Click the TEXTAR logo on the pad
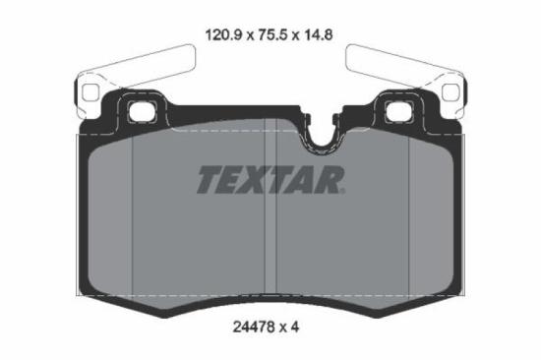[270, 180]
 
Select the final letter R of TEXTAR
[331, 180]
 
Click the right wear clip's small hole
[451, 95]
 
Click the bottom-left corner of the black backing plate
[82, 299]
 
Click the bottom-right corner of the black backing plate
[459, 299]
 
